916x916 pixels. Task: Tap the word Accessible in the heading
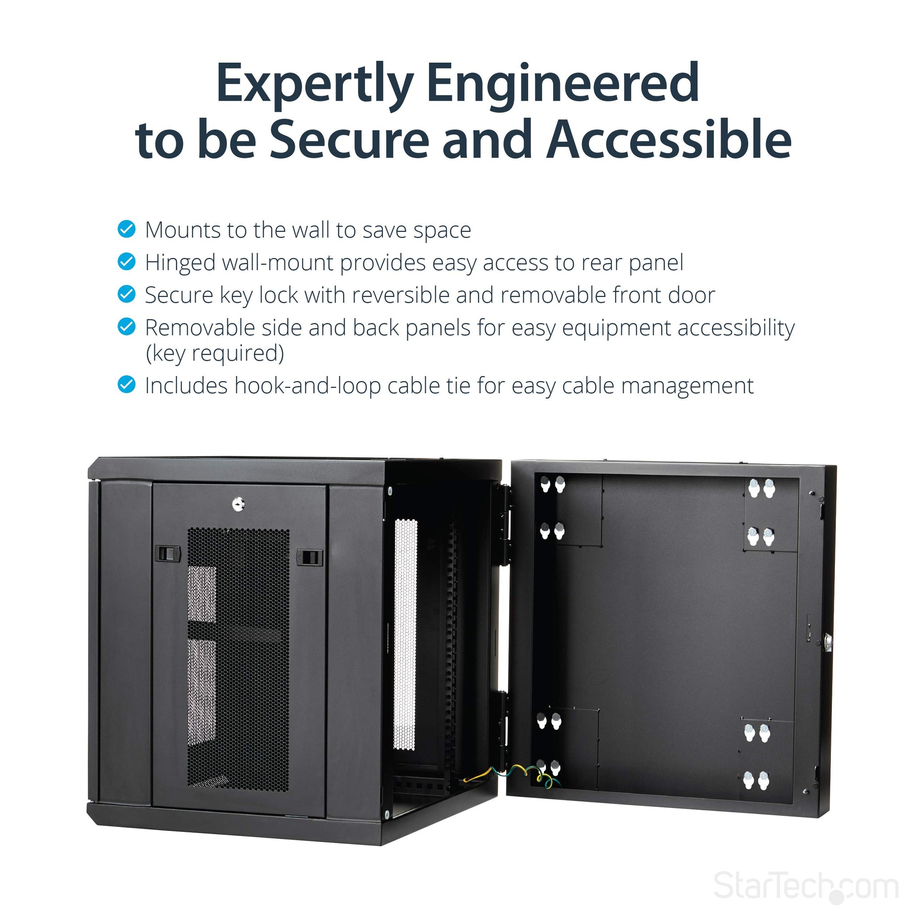click(669, 139)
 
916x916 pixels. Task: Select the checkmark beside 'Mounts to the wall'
click(127, 229)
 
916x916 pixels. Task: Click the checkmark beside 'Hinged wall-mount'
click(127, 261)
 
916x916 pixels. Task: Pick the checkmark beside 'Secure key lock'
click(127, 294)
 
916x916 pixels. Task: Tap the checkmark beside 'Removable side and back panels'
click(127, 327)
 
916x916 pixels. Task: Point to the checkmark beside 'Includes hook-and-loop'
click(127, 385)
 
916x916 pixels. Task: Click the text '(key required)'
click(215, 354)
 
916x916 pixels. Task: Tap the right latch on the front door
click(310, 558)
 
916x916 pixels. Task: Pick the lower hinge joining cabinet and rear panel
click(502, 726)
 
